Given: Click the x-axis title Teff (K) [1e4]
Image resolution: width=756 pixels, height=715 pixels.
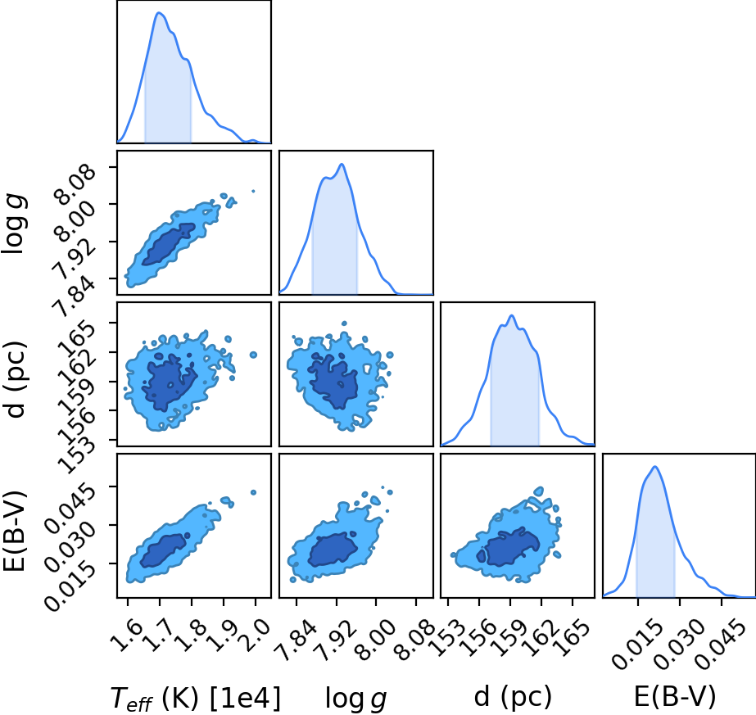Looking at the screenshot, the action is click(195, 697).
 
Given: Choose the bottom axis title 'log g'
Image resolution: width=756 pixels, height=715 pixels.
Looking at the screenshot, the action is click(356, 698).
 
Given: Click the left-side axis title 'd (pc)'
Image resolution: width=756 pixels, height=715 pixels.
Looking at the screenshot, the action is click(15, 379).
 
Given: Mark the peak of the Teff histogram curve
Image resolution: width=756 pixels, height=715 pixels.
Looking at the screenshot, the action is click(159, 13).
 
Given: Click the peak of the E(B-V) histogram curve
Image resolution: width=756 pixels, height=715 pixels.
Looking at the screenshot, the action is click(654, 466).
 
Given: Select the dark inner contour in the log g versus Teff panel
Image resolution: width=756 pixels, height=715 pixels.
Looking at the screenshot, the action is click(168, 244).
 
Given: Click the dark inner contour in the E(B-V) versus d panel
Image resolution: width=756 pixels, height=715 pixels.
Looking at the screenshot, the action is click(511, 547).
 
